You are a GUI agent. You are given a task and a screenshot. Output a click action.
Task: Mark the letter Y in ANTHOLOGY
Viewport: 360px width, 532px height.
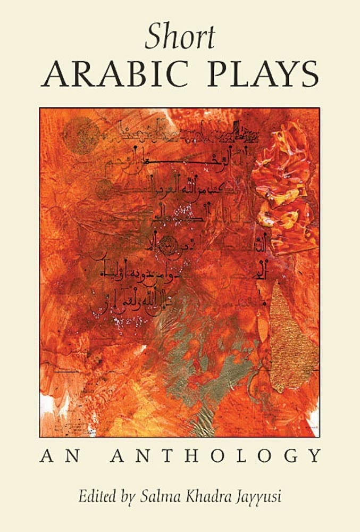point(315,456)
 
